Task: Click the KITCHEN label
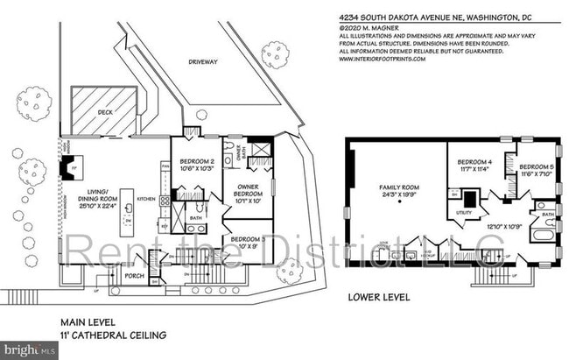(146, 199)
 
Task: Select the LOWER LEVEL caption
(379, 297)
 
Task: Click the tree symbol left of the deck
(33, 103)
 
